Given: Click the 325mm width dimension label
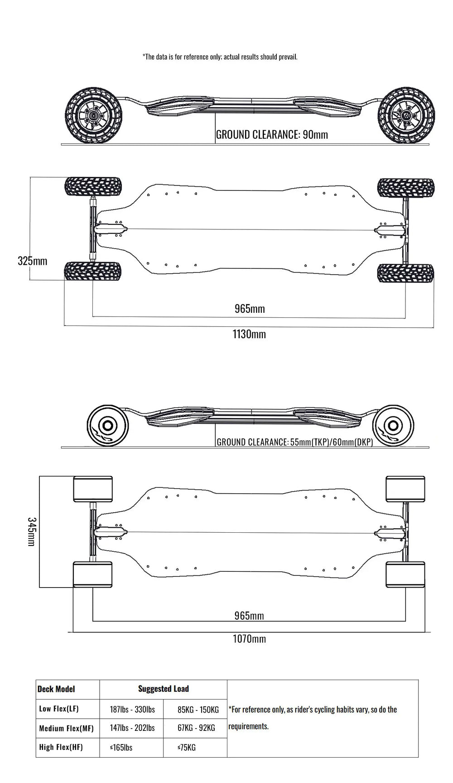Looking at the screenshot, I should coord(32,261).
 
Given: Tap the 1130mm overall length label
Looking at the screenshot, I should coord(249,335).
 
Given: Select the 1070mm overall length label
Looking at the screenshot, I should coord(249,639).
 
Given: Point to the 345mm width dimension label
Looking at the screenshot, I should coord(31,531).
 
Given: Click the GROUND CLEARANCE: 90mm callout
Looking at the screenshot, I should coord(272,135).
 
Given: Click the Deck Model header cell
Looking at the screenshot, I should coord(56,689).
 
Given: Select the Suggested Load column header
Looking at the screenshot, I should coord(163,689).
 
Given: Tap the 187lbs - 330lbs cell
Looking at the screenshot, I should coord(132,709).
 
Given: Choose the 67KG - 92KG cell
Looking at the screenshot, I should coord(196,728).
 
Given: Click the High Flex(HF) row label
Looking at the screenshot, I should coord(61,747).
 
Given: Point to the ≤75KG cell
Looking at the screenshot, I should coord(187,747).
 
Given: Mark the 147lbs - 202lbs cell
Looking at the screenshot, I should coord(132,728).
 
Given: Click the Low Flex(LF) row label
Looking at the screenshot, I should coord(59,709).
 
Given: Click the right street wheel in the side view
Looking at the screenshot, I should coord(393,426).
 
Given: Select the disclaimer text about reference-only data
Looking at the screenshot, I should coord(220,57).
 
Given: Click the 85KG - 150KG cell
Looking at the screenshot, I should coord(198,709).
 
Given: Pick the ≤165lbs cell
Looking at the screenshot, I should coord(121,747).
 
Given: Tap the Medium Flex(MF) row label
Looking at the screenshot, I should coord(66,728).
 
